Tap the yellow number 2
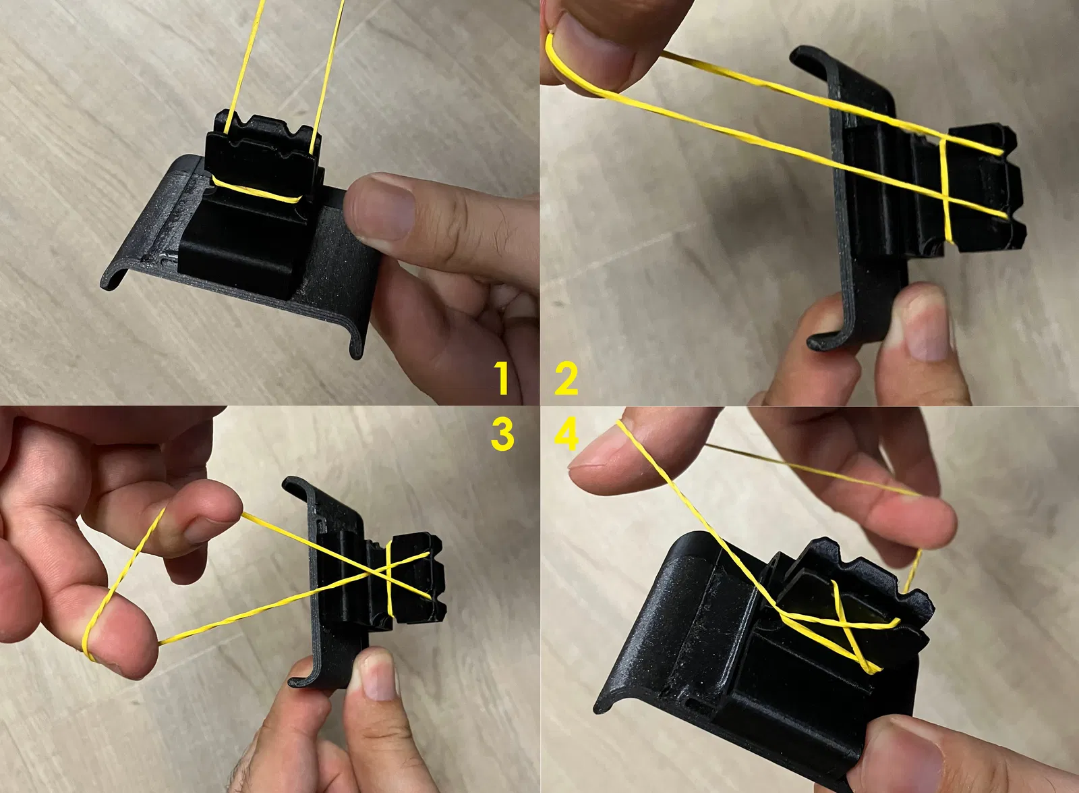pos(566,379)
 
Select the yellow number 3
pos(502,434)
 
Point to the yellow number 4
pos(567,435)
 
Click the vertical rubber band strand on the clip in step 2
pos(945,190)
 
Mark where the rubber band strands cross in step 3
pos(380,574)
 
